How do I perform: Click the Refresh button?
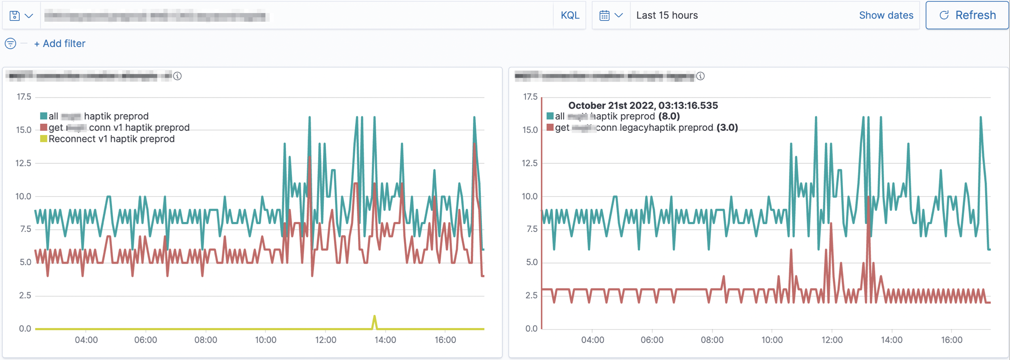(x=967, y=15)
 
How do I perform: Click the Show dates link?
(x=886, y=15)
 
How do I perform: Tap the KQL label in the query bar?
(x=570, y=15)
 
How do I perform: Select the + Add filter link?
(x=60, y=43)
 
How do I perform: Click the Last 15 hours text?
(x=667, y=15)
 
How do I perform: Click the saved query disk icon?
(x=15, y=16)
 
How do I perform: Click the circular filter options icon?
(x=11, y=43)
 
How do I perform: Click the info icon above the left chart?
(x=178, y=76)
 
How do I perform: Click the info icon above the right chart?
(x=700, y=76)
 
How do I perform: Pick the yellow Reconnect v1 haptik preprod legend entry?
(x=111, y=139)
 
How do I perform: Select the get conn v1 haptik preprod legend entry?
(x=118, y=128)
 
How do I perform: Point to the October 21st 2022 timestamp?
(x=642, y=105)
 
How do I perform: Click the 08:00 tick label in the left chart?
(x=206, y=340)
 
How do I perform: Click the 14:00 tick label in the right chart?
(x=891, y=340)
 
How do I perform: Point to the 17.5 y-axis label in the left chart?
(x=24, y=97)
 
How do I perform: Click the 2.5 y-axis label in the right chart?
(x=531, y=295)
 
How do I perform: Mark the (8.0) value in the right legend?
(x=669, y=116)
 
